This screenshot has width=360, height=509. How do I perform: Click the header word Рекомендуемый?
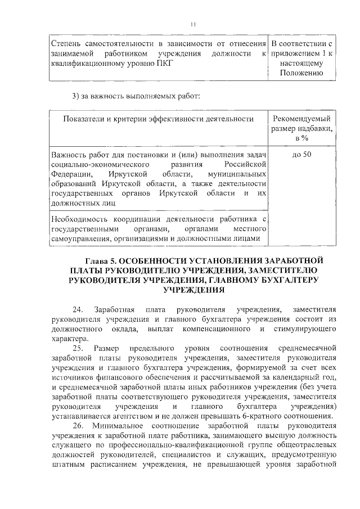pyautogui.click(x=301, y=119)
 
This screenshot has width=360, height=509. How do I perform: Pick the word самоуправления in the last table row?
pyautogui.click(x=79, y=238)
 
